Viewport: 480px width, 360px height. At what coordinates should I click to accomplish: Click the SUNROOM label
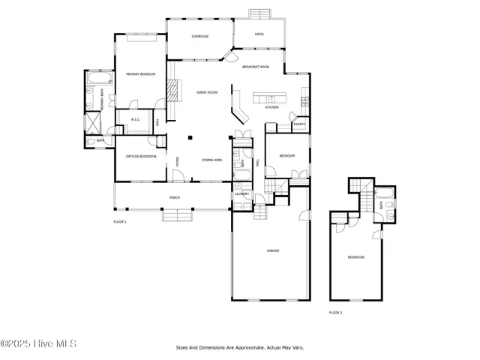pos(199,36)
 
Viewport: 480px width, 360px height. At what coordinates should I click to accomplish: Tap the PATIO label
pos(259,34)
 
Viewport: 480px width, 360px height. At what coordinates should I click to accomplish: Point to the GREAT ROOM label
pos(207,92)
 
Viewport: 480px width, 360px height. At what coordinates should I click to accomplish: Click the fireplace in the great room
pos(172,91)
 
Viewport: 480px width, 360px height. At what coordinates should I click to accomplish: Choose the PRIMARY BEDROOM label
pos(139,73)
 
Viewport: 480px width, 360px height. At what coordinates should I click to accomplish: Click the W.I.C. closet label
pos(136,118)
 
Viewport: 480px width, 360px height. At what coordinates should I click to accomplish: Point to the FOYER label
pos(178,160)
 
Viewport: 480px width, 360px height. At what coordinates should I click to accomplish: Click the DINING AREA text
pos(211,160)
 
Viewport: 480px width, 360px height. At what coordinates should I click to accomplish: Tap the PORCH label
pos(174,197)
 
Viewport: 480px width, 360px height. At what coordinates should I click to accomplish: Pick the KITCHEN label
pos(271,107)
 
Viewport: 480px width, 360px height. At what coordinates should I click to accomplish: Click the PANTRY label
pos(298,124)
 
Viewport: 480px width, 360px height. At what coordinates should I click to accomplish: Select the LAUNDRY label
pos(241,194)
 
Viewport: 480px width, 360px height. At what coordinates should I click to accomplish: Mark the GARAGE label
pos(273,250)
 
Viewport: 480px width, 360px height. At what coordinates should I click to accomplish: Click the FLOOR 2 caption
pos(335,312)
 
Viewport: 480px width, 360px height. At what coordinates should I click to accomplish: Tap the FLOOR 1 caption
pos(120,222)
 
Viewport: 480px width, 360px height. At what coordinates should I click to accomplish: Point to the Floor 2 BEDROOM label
pos(355,257)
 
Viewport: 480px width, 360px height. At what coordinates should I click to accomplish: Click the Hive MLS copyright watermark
pos(38,344)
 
